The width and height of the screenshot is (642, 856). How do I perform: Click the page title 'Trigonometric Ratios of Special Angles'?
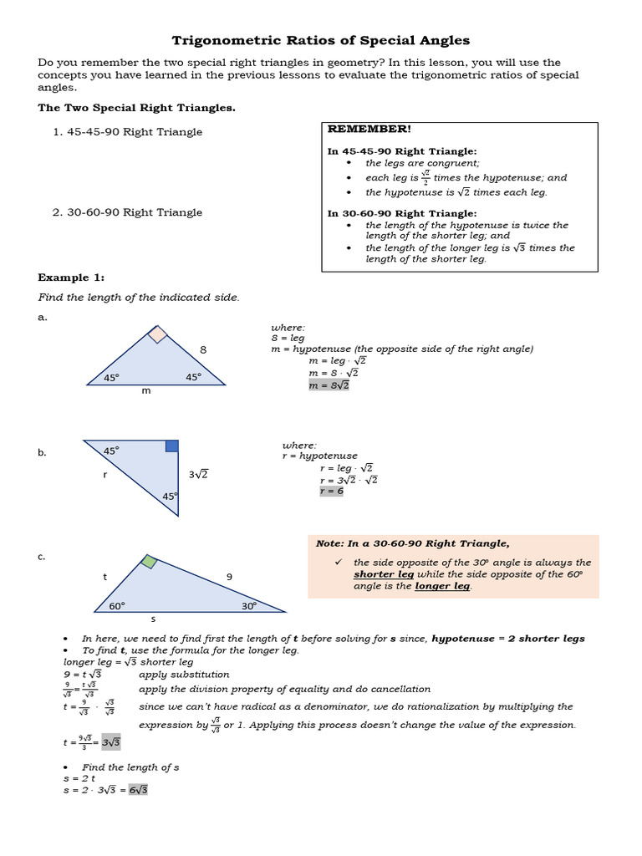click(321, 40)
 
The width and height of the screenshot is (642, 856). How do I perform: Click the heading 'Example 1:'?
click(71, 278)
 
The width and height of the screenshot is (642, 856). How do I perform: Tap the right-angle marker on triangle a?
click(156, 334)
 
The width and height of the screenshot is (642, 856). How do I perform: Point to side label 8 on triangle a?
click(202, 350)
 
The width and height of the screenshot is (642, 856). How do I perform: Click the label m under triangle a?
click(146, 391)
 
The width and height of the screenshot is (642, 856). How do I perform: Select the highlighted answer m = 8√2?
click(329, 385)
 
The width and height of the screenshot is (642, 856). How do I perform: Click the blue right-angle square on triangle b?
click(171, 446)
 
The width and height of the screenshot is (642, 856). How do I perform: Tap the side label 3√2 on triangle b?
click(198, 474)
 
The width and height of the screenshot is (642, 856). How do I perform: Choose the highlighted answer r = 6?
click(331, 491)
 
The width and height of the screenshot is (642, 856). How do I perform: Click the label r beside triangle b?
click(104, 474)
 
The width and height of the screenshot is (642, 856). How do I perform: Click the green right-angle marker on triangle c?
click(148, 562)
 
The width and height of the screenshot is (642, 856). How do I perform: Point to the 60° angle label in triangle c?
click(116, 605)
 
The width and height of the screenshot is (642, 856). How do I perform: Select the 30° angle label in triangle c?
click(249, 605)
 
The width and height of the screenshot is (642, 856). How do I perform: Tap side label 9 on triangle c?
click(229, 576)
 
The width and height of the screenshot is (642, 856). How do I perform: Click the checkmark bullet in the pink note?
click(339, 563)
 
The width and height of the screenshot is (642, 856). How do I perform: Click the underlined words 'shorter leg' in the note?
click(384, 574)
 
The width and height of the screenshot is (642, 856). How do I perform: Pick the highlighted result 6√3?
click(138, 789)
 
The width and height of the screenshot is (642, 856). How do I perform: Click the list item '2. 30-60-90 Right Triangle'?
click(127, 212)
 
